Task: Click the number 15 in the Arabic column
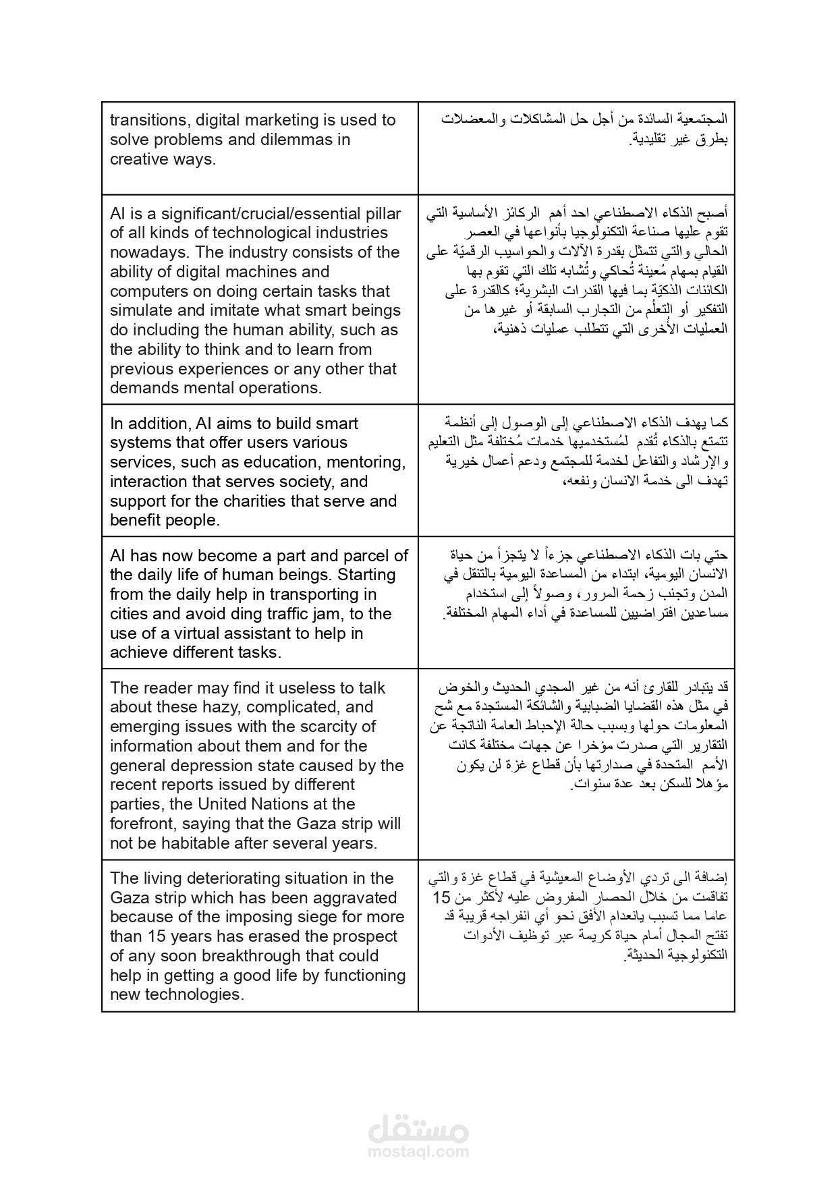[441, 898]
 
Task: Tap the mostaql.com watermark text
[418, 1152]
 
